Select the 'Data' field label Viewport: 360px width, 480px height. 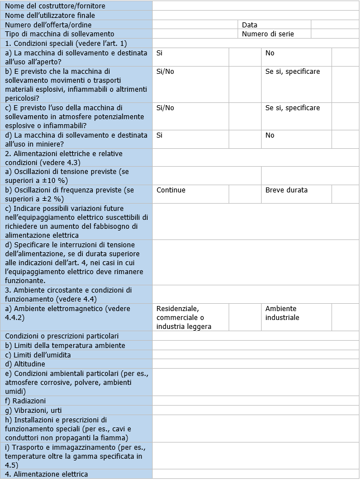tap(250, 25)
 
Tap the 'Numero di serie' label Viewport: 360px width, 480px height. tap(268, 34)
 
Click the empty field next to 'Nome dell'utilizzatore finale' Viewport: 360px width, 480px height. tap(255, 15)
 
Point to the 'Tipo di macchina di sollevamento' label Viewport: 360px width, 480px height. tap(59, 34)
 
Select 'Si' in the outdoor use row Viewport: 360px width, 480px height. tap(160, 53)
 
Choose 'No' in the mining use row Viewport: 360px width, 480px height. tap(270, 135)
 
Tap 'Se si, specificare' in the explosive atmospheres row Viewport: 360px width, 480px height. tap(292, 107)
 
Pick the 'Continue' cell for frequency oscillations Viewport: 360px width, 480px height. tap(171, 190)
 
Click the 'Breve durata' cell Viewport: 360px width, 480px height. tap(286, 190)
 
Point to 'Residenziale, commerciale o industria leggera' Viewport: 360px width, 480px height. tap(184, 317)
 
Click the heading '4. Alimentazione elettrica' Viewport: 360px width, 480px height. tap(46, 474)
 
